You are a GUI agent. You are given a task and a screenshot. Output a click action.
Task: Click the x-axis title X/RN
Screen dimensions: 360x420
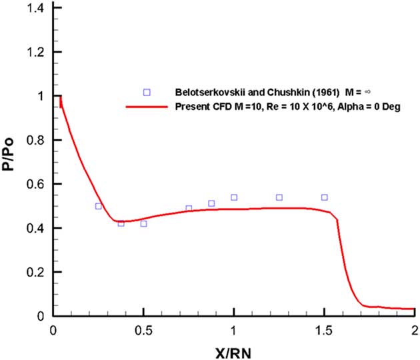233,350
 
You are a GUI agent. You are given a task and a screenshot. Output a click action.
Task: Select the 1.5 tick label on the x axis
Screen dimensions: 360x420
324,330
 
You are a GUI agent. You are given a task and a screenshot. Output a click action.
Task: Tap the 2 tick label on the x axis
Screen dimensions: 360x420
414,330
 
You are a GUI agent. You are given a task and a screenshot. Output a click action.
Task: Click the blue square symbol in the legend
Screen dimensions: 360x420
147,92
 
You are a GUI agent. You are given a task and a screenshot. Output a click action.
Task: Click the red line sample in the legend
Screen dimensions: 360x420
147,107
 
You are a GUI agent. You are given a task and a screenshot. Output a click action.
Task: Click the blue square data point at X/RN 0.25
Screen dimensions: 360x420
99,206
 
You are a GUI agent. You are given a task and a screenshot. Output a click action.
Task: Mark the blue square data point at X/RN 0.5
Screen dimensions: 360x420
143,224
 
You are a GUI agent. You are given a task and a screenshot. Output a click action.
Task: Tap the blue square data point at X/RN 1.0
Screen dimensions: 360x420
234,197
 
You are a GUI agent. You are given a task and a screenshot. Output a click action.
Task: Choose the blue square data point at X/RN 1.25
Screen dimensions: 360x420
279,197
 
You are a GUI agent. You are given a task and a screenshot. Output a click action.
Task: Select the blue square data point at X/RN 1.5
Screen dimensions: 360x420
324,197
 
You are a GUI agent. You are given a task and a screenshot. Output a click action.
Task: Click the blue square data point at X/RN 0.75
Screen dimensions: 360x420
189,209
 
